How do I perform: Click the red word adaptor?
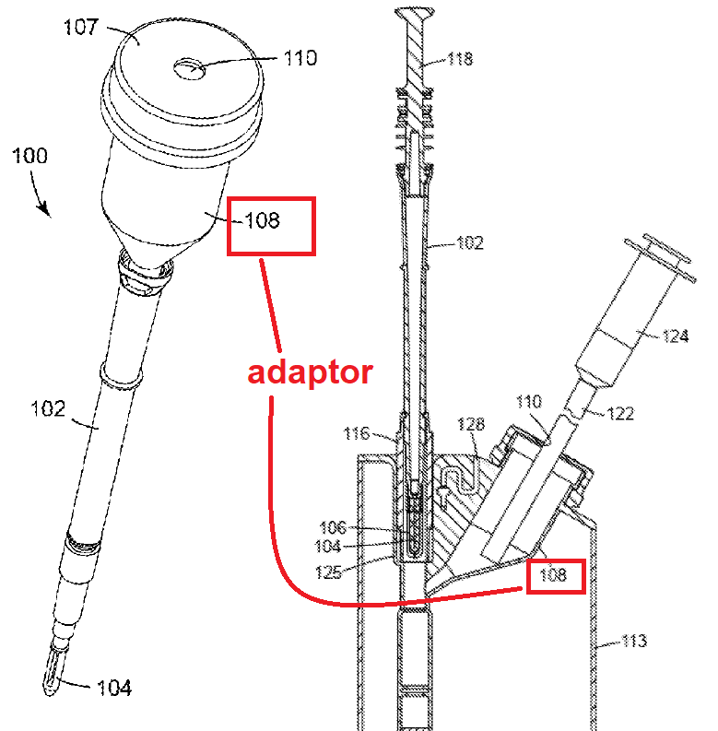click(310, 372)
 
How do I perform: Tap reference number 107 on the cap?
click(81, 27)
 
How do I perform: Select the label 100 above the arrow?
click(29, 156)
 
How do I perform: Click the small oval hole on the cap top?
click(189, 69)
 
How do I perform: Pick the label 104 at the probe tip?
click(113, 688)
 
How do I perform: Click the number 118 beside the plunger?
click(460, 59)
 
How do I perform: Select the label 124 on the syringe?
click(675, 336)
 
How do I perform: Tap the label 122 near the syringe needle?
click(620, 414)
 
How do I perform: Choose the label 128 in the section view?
click(471, 424)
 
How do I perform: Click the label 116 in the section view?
click(356, 434)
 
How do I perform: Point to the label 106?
click(333, 527)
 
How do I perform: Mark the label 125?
click(329, 572)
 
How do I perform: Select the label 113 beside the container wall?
click(634, 641)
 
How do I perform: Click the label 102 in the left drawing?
click(48, 409)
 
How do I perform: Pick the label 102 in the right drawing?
click(470, 242)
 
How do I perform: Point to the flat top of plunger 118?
click(415, 12)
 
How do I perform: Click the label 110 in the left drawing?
click(300, 58)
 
